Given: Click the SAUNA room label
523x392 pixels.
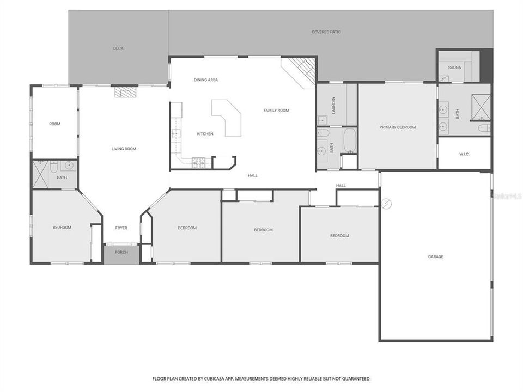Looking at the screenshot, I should pos(455,68).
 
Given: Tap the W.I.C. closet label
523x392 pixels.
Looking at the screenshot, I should pos(464,154).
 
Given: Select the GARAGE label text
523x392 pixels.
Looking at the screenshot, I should pos(435,256).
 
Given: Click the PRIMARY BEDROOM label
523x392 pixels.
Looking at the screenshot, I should pos(397,127).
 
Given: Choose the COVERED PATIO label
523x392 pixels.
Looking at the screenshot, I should pos(326,32).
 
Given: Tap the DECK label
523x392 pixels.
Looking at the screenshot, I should pos(118,48).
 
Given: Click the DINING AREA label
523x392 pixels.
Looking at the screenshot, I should pos(206,80).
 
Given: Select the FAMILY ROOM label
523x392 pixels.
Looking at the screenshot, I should pos(276,111).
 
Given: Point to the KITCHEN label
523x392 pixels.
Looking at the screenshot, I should pos(205,134).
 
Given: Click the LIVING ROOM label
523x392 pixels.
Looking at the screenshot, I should pos(124,149).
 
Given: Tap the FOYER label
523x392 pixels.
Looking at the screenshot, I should pos(121,228).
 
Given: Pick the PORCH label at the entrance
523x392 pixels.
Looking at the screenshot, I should pos(121,252).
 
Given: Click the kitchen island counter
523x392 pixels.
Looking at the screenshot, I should pos(229,117).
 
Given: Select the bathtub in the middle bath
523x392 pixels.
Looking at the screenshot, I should pos(349,140).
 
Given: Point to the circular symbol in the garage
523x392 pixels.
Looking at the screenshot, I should pos(387,204).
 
